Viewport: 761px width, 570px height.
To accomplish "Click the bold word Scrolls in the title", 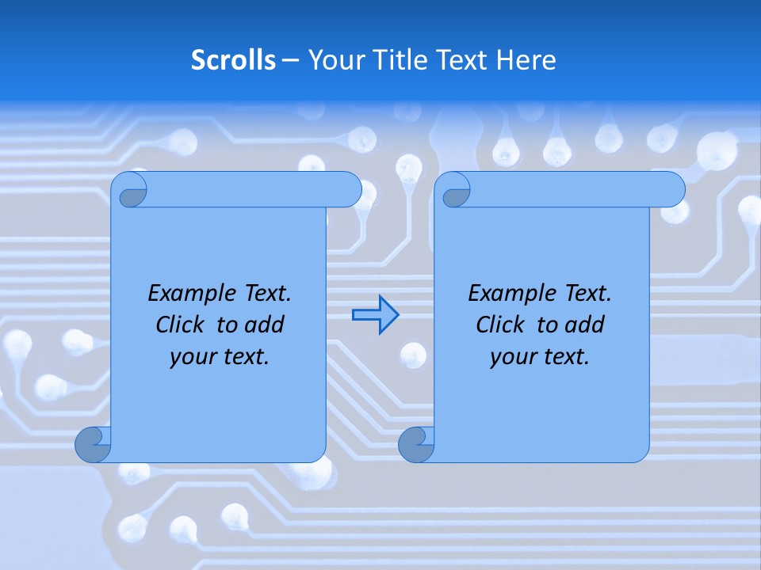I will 233,60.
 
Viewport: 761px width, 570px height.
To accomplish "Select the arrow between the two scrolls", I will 375,315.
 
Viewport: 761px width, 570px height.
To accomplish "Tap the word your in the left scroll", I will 192,357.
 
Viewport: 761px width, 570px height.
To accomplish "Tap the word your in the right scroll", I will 512,357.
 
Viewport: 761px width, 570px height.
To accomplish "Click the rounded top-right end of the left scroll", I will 350,189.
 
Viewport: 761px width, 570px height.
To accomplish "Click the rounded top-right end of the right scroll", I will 673,189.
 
